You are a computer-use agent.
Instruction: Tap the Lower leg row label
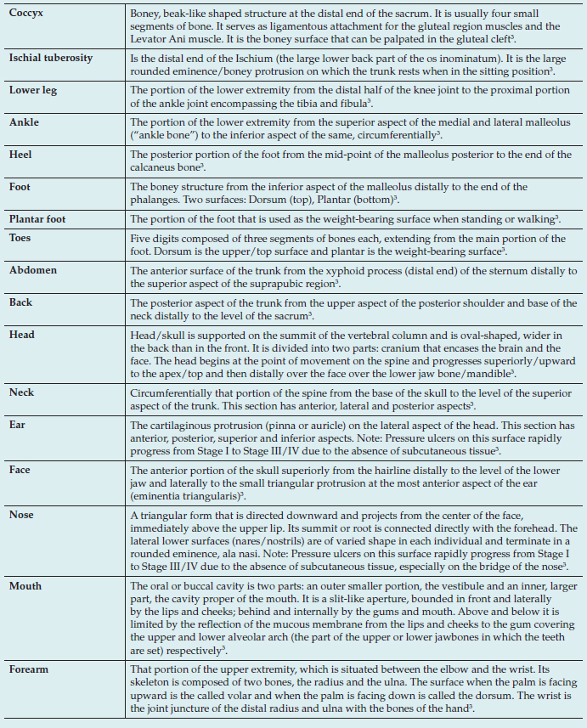click(33, 90)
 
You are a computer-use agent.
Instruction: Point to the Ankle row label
click(24, 122)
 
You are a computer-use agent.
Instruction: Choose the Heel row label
click(21, 155)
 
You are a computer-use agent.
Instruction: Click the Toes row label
click(20, 239)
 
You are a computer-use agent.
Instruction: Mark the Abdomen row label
click(34, 271)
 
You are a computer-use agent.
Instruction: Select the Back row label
click(21, 303)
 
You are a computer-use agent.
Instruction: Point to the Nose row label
click(21, 515)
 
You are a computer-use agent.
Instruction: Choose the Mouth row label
click(25, 586)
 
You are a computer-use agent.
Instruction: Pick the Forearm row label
click(29, 669)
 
